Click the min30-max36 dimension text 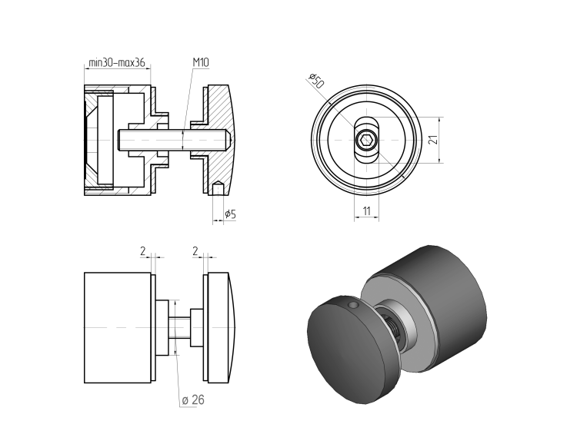pyautogui.click(x=117, y=63)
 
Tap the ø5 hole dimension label pyautogui.click(x=229, y=214)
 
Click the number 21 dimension pyautogui.click(x=432, y=140)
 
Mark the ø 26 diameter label pyautogui.click(x=193, y=399)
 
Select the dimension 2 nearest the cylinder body pyautogui.click(x=143, y=250)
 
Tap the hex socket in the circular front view pyautogui.click(x=366, y=141)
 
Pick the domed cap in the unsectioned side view pyautogui.click(x=224, y=328)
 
